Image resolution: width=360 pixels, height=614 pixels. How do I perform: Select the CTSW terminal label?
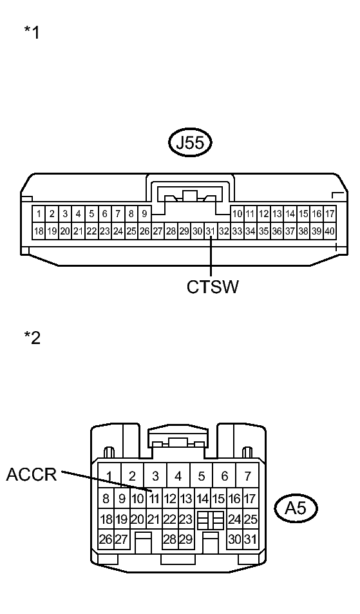(x=213, y=287)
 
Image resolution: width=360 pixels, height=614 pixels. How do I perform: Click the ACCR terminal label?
(x=32, y=475)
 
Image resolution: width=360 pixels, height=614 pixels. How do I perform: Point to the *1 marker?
(x=32, y=33)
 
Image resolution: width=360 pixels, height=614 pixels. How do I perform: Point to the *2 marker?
(x=32, y=337)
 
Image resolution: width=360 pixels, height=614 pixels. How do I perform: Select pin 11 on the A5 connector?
(x=155, y=498)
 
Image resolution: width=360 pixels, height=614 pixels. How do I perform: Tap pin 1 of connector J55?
(x=39, y=213)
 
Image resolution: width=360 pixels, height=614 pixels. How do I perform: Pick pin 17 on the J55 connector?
(x=330, y=213)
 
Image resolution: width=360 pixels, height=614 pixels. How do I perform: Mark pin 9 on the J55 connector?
(x=144, y=213)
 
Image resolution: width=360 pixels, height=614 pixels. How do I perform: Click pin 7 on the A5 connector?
(x=247, y=476)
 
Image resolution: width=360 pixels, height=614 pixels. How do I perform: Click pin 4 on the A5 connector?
(x=178, y=476)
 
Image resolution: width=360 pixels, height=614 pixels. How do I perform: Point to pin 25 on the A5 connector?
(x=250, y=519)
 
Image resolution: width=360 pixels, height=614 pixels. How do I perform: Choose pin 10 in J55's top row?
(x=237, y=213)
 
